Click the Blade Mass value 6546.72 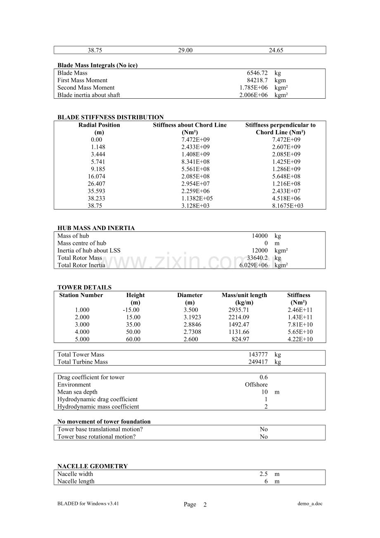click(x=257, y=73)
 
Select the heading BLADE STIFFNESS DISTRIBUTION click(x=110, y=117)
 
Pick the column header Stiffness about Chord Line click(x=190, y=125)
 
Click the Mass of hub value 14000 click(x=260, y=236)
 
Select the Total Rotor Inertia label click(x=81, y=265)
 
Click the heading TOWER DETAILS click(x=84, y=288)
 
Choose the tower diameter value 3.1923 click(x=191, y=317)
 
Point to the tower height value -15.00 click(x=131, y=310)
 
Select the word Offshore click(x=256, y=385)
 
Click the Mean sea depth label click(x=77, y=392)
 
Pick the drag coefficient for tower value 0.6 click(x=264, y=377)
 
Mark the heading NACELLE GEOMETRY click(x=93, y=467)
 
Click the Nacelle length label click(x=76, y=481)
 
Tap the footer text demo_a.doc click(x=310, y=504)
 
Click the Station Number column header click(x=81, y=295)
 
